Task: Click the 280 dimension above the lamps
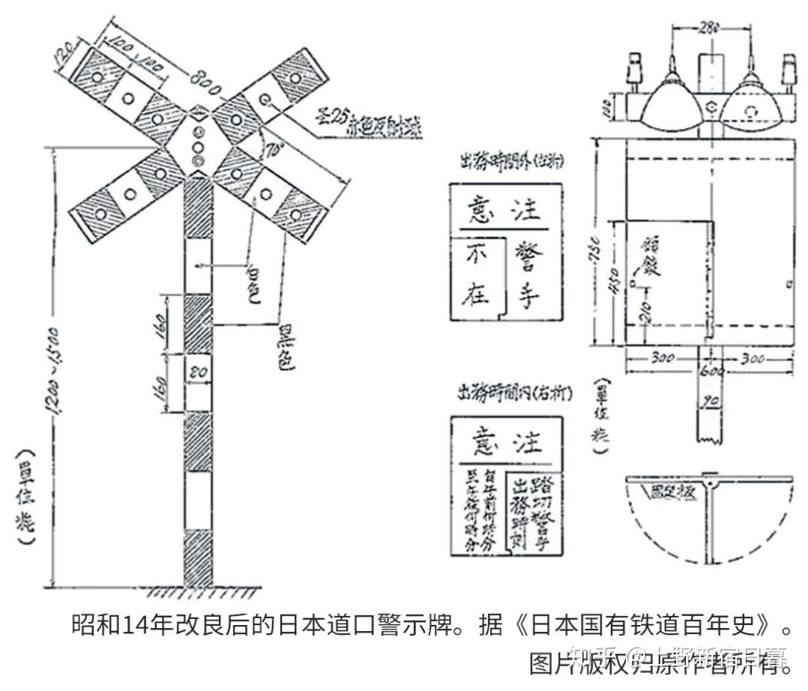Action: coord(708,28)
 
